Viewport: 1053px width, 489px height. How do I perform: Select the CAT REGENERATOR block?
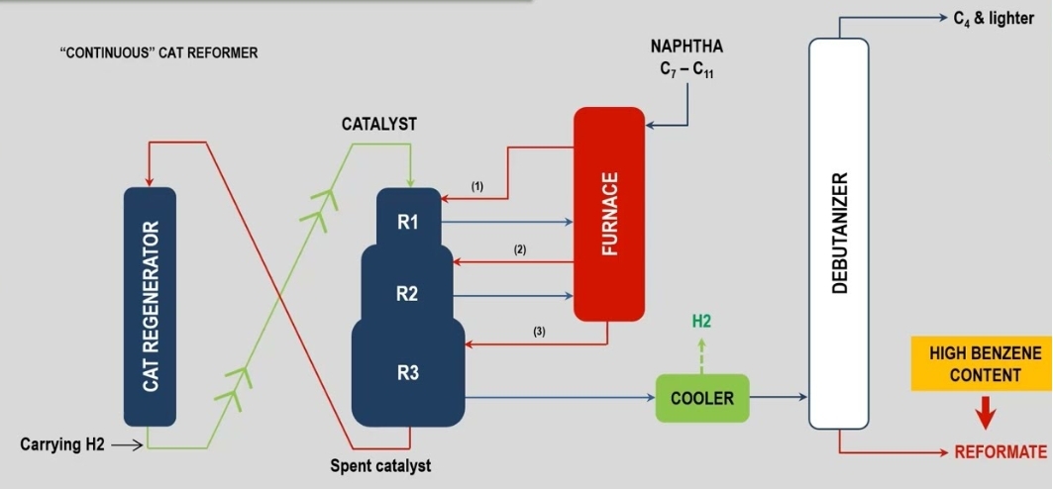pos(150,307)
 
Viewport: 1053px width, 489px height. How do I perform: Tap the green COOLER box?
pos(702,398)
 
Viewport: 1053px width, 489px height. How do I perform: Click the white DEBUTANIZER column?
pos(838,233)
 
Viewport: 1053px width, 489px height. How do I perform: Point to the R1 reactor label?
pos(408,223)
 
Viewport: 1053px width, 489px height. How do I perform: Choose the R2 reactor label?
pos(408,294)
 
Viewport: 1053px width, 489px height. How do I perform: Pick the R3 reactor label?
pos(408,373)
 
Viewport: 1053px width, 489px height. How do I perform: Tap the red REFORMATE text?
pos(1000,452)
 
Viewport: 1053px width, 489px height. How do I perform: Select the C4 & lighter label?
pos(994,20)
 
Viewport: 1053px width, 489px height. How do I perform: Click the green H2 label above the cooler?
pos(701,322)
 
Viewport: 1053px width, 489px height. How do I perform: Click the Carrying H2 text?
pos(60,445)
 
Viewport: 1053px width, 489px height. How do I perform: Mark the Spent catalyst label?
pos(380,465)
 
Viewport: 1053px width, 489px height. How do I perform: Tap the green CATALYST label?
pos(379,124)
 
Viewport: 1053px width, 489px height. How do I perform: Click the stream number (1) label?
pos(477,186)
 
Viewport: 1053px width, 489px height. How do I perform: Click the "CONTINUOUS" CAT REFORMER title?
pos(158,52)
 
